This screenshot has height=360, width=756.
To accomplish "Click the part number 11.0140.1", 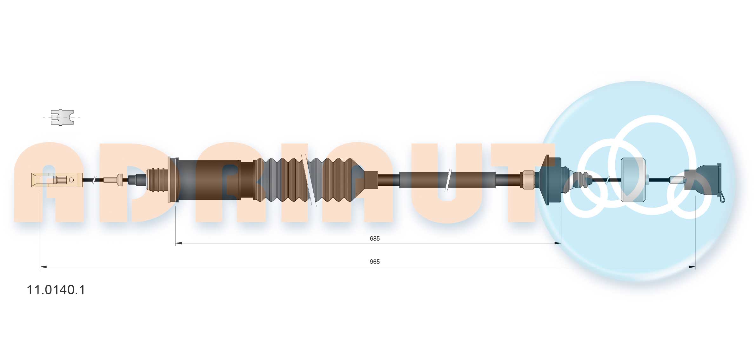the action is [x=56, y=290].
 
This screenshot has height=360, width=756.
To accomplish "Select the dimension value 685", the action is [x=375, y=238].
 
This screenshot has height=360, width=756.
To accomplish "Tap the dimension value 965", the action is [x=375, y=262].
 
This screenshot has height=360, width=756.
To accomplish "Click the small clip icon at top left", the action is [x=62, y=117].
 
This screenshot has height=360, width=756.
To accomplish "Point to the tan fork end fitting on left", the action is [x=57, y=180].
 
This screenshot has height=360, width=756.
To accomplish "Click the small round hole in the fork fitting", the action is [x=71, y=180].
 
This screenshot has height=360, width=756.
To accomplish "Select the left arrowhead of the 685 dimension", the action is [x=179, y=243].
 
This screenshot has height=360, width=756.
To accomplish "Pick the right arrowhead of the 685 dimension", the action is [x=558, y=243].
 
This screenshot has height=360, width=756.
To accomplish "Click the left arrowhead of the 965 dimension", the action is [x=43, y=267].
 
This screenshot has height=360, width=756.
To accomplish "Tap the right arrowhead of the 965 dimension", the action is [x=692, y=267].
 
